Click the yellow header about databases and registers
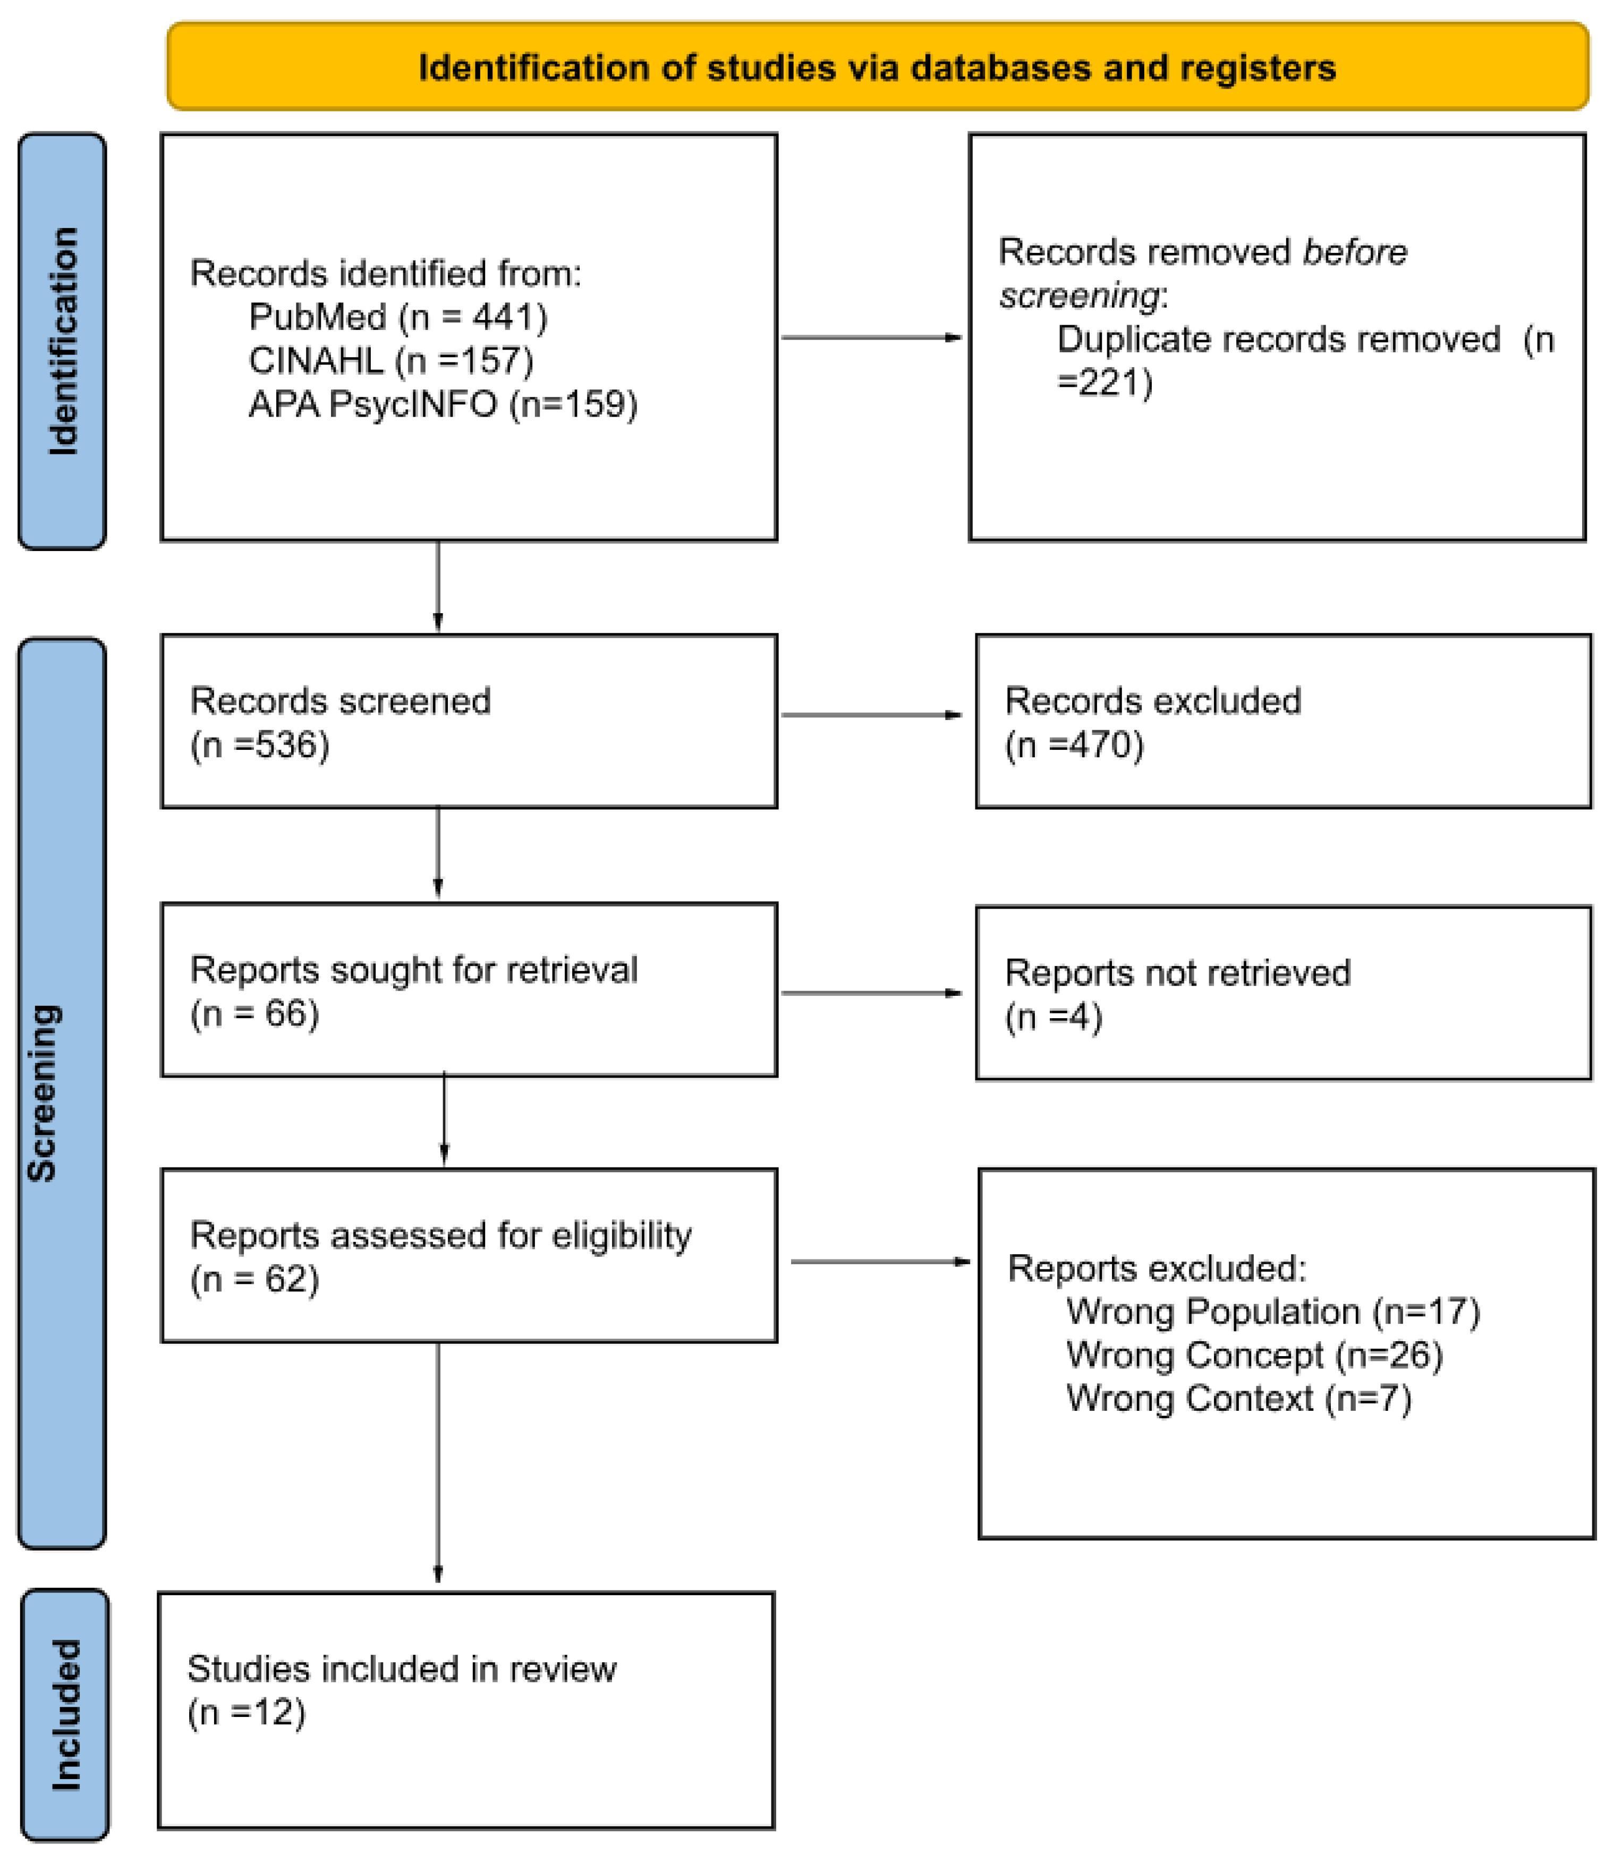877,67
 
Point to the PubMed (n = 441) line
397,317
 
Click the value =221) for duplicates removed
1104,382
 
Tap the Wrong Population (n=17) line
1272,1311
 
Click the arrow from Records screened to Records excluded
871,715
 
